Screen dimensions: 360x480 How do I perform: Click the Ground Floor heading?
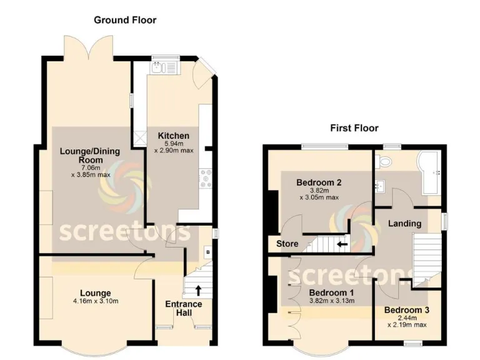tap(125, 20)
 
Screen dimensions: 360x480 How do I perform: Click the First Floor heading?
tap(354, 128)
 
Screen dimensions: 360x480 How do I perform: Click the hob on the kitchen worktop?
tap(205, 179)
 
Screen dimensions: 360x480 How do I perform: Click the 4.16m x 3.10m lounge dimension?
tap(95, 301)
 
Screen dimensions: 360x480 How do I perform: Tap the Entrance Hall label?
tap(183, 308)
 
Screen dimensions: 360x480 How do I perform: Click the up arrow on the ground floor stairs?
tap(199, 289)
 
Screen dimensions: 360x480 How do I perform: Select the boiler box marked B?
tap(207, 253)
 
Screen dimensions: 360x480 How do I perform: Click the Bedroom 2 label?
tap(318, 183)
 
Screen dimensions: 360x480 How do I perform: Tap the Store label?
tap(287, 244)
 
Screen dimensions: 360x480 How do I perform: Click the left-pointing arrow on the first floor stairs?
tap(342, 244)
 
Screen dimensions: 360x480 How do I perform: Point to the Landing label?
tap(404, 223)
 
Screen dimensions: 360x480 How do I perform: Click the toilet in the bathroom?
tap(386, 162)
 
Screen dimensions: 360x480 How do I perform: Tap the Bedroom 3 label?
tap(406, 310)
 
